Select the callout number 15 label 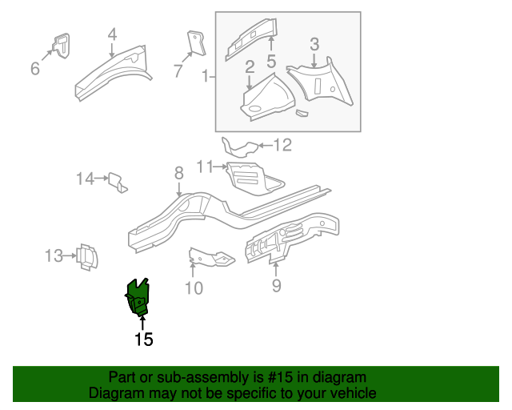[x=143, y=340]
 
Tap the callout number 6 [x=35, y=69]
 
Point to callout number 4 [x=112, y=34]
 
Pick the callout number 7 [x=178, y=71]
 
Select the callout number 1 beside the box [x=206, y=77]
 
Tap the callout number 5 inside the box [x=271, y=61]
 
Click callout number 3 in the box [x=314, y=44]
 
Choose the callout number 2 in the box [x=250, y=66]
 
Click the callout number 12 [x=283, y=145]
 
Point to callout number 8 [x=179, y=172]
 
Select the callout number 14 [x=86, y=179]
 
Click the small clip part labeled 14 [x=117, y=183]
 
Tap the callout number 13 [x=54, y=256]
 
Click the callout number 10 [x=194, y=287]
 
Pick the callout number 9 [x=276, y=284]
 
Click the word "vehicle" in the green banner [x=350, y=393]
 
